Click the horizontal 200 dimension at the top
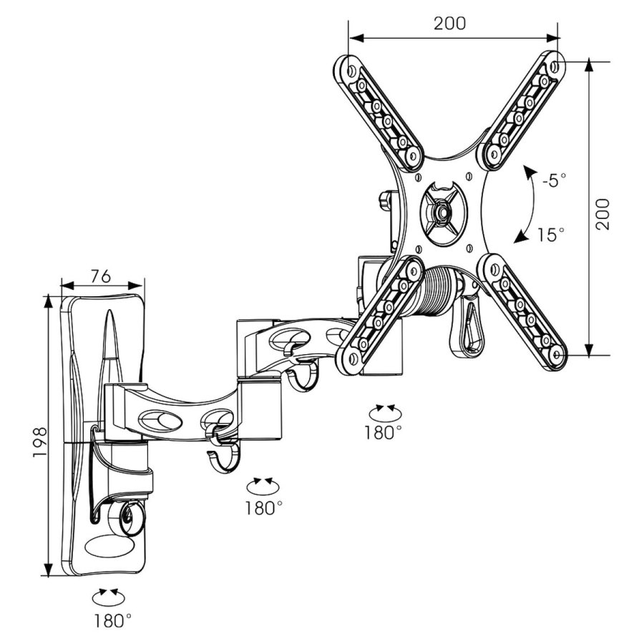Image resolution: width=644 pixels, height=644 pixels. (x=449, y=22)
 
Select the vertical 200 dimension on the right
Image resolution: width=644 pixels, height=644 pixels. (x=604, y=213)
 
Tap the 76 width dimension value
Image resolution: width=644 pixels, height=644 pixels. (x=101, y=275)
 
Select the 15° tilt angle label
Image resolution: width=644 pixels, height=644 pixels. (x=552, y=234)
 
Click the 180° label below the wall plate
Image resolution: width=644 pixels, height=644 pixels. (x=112, y=620)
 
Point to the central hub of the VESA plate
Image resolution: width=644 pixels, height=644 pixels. (x=441, y=211)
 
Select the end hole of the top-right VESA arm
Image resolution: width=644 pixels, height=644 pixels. (x=555, y=65)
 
